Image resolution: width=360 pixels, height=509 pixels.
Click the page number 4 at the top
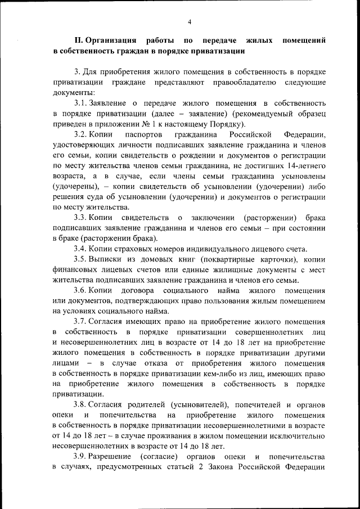190,22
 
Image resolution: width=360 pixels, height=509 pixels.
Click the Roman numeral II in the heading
78,41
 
